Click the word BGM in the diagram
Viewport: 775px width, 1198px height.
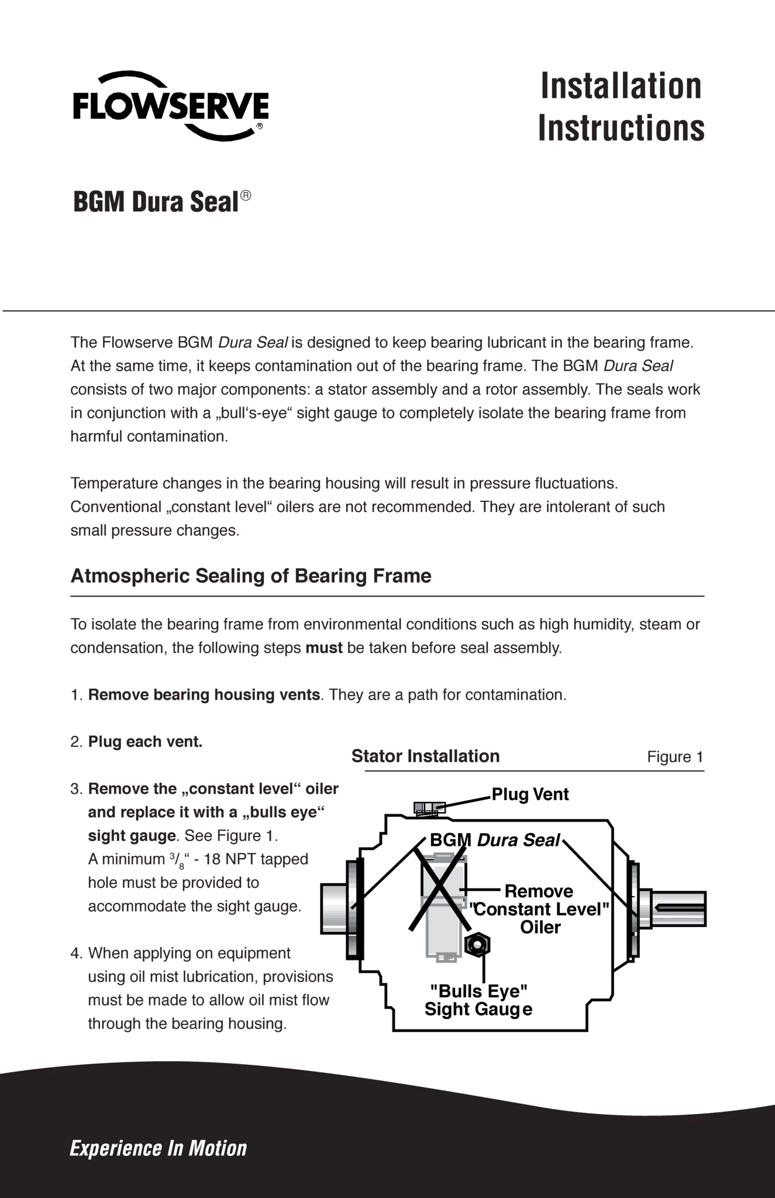click(x=450, y=841)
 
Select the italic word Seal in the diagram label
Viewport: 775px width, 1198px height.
click(x=542, y=841)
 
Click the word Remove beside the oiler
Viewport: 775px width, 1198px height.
click(x=539, y=891)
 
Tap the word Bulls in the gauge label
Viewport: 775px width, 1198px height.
click(x=456, y=992)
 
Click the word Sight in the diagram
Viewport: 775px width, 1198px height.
click(x=446, y=1009)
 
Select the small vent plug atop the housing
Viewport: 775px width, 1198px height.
click(x=429, y=808)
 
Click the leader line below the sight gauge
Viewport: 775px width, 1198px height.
click(x=484, y=968)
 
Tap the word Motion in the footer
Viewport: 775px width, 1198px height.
click(x=218, y=1148)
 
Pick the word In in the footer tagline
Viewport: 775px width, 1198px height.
click(x=175, y=1148)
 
